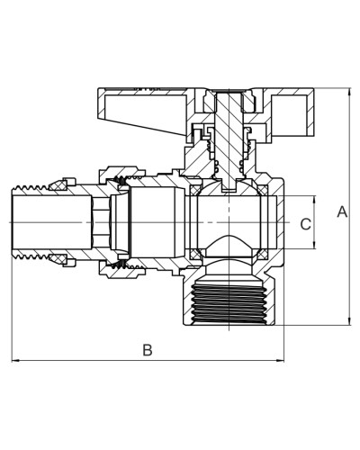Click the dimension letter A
[x=342, y=211]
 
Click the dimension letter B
[x=148, y=350]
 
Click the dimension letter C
[x=306, y=224]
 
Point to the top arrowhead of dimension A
[x=349, y=92]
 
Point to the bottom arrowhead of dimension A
[x=349, y=322]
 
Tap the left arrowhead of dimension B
[x=15, y=360]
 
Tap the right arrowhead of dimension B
[x=280, y=360]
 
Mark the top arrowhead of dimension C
[x=314, y=200]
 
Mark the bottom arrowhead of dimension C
[x=314, y=245]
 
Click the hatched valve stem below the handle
[x=229, y=141]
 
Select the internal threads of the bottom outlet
[x=229, y=303]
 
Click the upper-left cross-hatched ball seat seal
[x=194, y=190]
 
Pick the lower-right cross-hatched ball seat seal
[x=263, y=255]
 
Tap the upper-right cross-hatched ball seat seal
[x=263, y=190]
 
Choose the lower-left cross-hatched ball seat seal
[x=194, y=255]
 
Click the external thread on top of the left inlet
[x=30, y=188]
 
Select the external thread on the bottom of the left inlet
[x=30, y=256]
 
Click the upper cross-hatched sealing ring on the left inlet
[x=58, y=186]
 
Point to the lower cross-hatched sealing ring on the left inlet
[x=58, y=258]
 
